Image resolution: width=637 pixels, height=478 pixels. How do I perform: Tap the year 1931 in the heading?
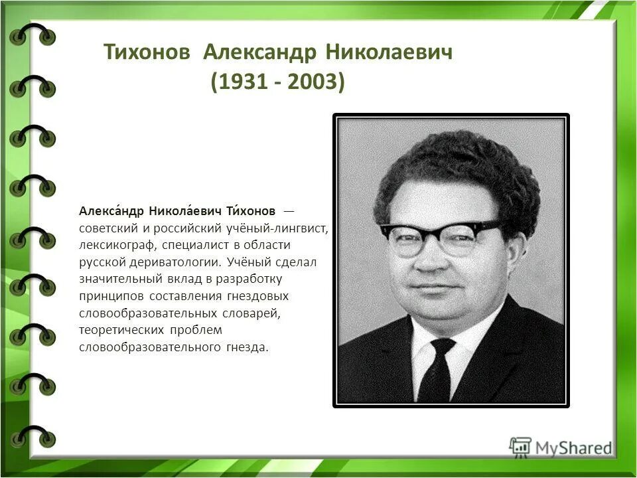coord(243,83)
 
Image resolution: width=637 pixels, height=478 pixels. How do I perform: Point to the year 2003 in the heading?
coord(312,83)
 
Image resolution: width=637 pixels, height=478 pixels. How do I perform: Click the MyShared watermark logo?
coord(561,447)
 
